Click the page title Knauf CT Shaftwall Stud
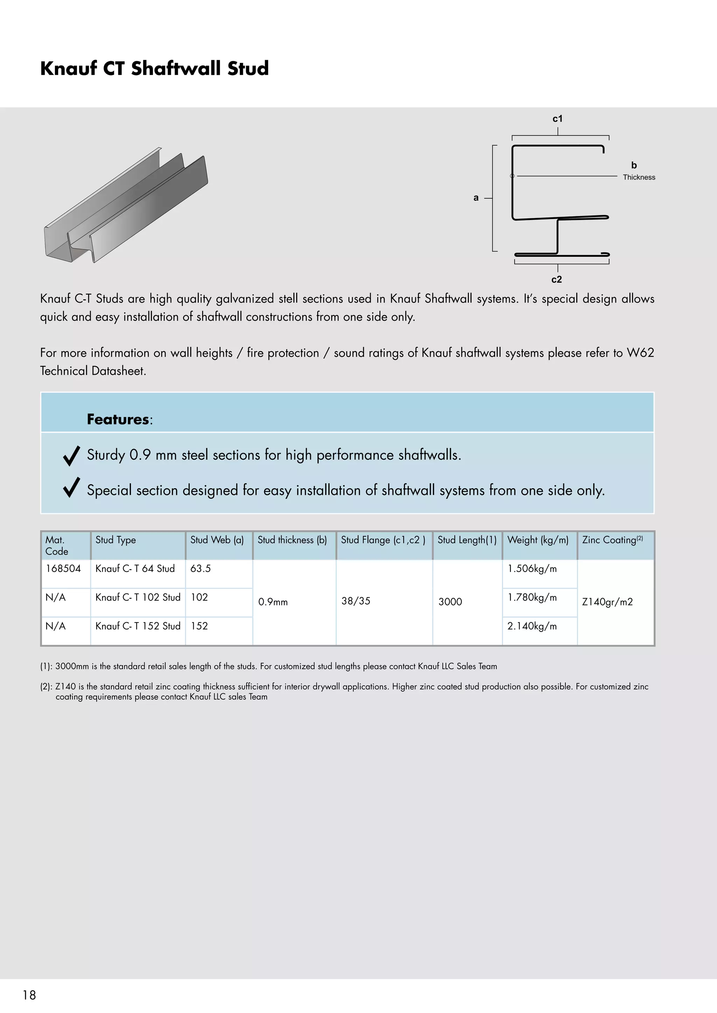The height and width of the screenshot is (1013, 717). pyautogui.click(x=154, y=69)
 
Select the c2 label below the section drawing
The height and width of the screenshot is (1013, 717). pyautogui.click(x=556, y=279)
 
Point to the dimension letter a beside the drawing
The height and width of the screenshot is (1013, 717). pyautogui.click(x=475, y=198)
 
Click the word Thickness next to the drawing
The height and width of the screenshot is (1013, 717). pyautogui.click(x=639, y=177)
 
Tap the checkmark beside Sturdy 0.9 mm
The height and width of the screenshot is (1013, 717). pyautogui.click(x=71, y=456)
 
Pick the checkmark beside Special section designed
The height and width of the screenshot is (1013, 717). pyautogui.click(x=71, y=488)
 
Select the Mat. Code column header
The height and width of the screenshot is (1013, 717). pyautogui.click(x=57, y=545)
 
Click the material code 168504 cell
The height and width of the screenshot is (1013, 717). pyautogui.click(x=63, y=568)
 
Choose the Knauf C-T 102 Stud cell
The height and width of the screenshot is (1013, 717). pyautogui.click(x=138, y=597)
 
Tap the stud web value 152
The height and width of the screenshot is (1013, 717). pyautogui.click(x=199, y=626)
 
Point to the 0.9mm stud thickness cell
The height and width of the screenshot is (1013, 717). pyautogui.click(x=273, y=602)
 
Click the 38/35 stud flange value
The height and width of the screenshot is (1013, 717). pyautogui.click(x=355, y=601)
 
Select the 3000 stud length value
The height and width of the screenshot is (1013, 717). pyautogui.click(x=450, y=602)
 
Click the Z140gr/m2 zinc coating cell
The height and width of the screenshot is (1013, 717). pyautogui.click(x=607, y=602)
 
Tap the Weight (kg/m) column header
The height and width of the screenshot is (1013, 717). pyautogui.click(x=538, y=540)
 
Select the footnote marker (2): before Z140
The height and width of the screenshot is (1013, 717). pyautogui.click(x=46, y=687)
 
